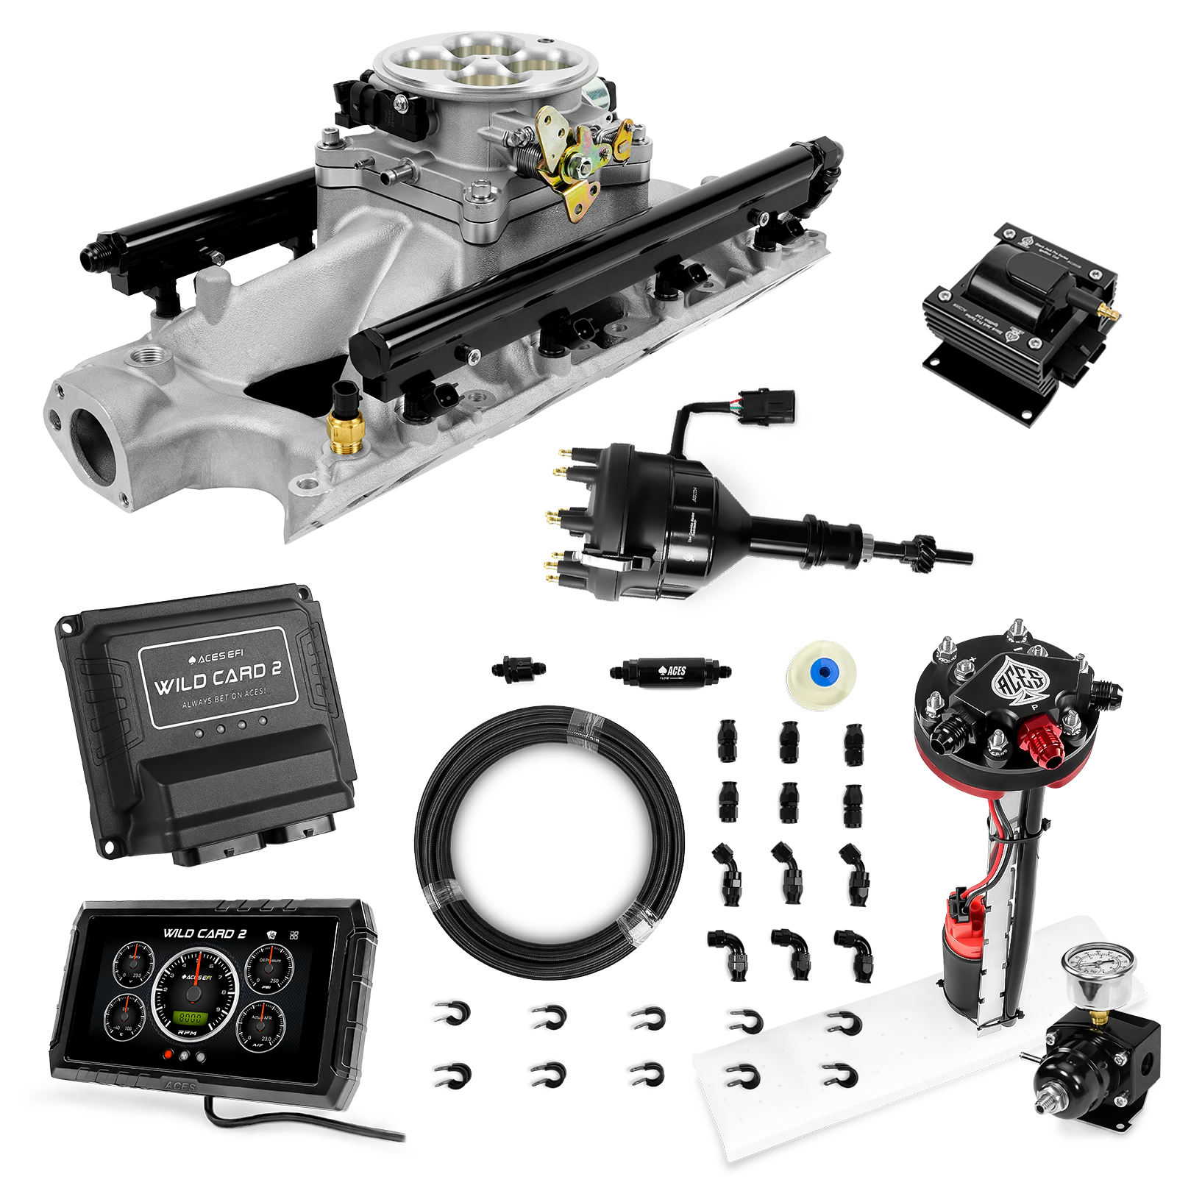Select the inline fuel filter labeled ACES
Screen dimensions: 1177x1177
669,671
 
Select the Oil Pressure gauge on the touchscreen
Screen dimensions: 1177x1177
266,970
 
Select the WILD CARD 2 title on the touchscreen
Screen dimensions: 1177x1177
205,934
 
